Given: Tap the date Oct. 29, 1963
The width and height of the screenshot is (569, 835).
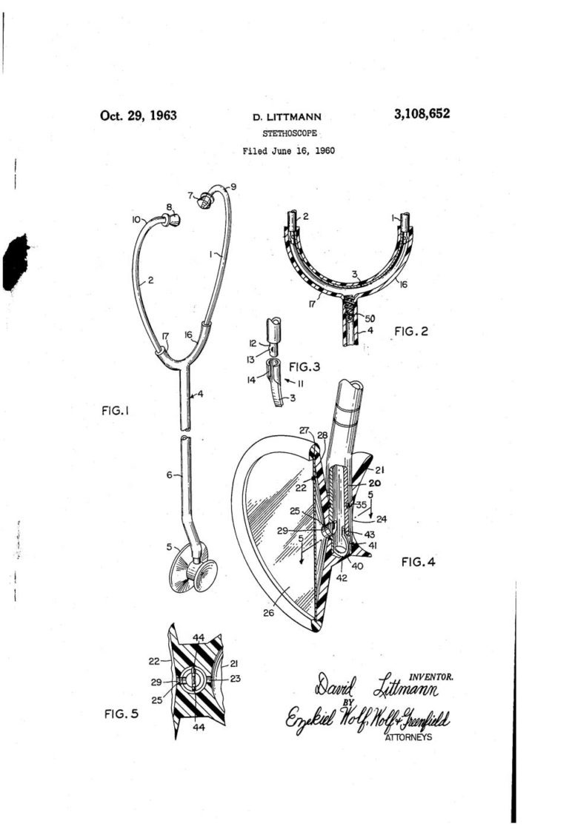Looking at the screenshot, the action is [x=139, y=115].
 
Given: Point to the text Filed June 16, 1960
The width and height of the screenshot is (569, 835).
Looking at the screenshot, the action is [x=288, y=151].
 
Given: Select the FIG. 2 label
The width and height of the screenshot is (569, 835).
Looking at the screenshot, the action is [x=413, y=332].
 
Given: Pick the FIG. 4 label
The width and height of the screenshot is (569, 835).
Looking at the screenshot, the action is [x=418, y=563].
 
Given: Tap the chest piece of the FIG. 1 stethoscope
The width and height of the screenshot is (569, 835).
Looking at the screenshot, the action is [x=196, y=571].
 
